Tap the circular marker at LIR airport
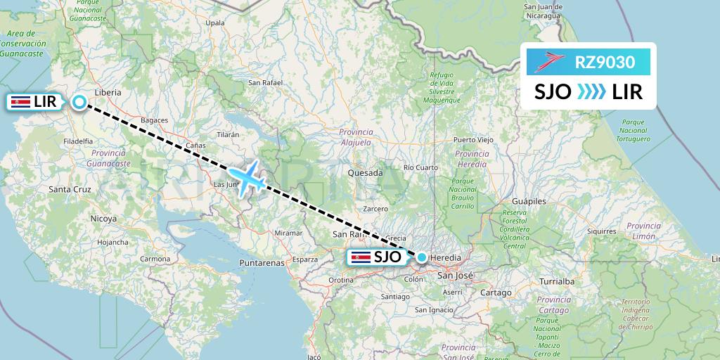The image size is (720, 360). click(x=79, y=102)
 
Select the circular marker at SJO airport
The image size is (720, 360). click(x=421, y=257)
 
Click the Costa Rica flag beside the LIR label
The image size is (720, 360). click(x=19, y=102)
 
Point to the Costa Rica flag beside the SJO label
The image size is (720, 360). click(x=361, y=257)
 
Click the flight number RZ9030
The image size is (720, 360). click(x=605, y=63)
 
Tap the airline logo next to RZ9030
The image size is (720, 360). click(x=551, y=63)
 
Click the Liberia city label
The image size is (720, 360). click(x=108, y=92)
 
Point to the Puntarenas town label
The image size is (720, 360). click(x=261, y=263)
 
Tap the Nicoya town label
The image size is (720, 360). click(x=103, y=219)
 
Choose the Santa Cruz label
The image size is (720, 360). click(x=70, y=189)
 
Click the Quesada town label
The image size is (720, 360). click(x=366, y=173)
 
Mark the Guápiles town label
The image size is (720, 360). click(x=530, y=201)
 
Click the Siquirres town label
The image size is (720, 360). click(x=581, y=230)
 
